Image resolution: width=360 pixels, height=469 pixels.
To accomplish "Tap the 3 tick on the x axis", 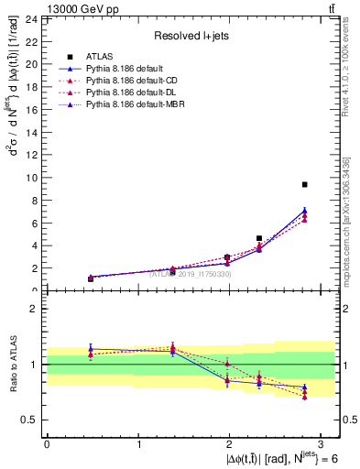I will click(x=322, y=443).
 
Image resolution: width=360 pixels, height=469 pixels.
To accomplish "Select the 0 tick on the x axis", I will click(x=47, y=443).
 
